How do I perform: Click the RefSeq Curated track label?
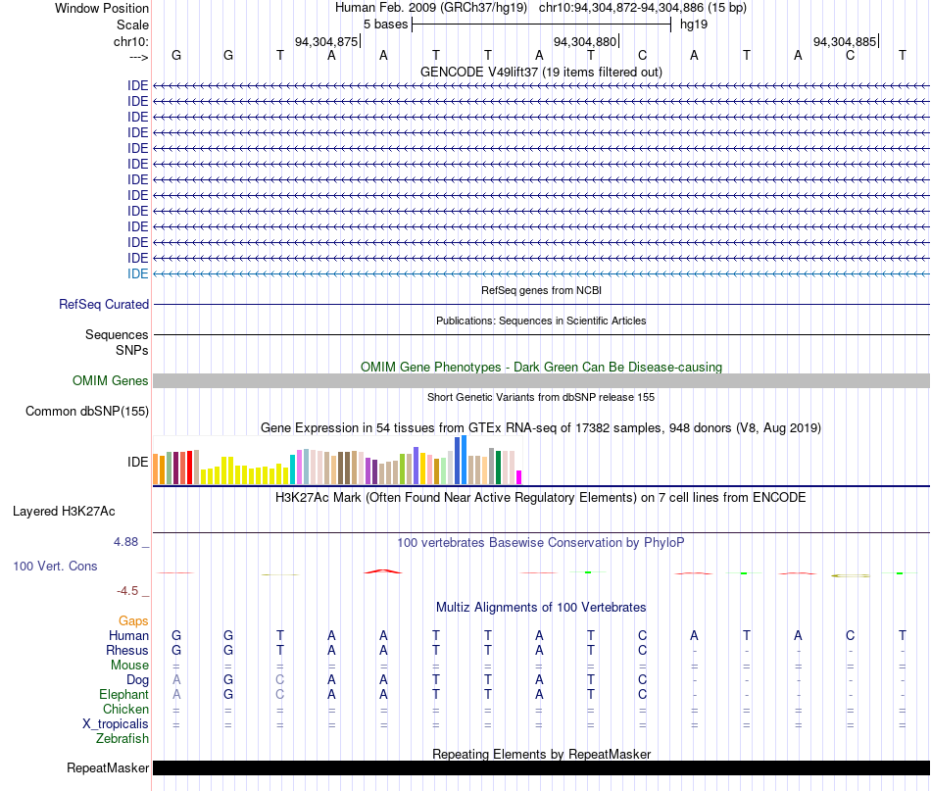pyautogui.click(x=103, y=304)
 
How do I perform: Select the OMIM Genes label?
pyautogui.click(x=110, y=380)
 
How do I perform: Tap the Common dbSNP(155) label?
pyautogui.click(x=86, y=411)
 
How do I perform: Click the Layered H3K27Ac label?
pyautogui.click(x=64, y=512)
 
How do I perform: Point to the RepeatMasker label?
pyautogui.click(x=108, y=767)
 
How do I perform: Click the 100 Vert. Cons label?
pyautogui.click(x=55, y=566)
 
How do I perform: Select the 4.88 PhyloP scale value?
pyautogui.click(x=125, y=542)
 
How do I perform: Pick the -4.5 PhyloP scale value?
pyautogui.click(x=127, y=591)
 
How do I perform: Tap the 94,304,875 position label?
pyautogui.click(x=326, y=41)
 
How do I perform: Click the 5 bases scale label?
pyautogui.click(x=385, y=25)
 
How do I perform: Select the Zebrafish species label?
pyautogui.click(x=122, y=739)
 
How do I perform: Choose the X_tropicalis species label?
pyautogui.click(x=116, y=724)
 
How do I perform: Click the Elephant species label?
pyautogui.click(x=123, y=694)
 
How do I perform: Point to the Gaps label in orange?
pyautogui.click(x=133, y=620)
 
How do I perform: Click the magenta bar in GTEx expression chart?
pyautogui.click(x=519, y=477)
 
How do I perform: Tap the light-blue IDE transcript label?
pyautogui.click(x=138, y=273)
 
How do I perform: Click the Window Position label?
pyautogui.click(x=102, y=8)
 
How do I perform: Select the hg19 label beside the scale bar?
pyautogui.click(x=694, y=25)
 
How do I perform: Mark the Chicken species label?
pyautogui.click(x=125, y=709)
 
